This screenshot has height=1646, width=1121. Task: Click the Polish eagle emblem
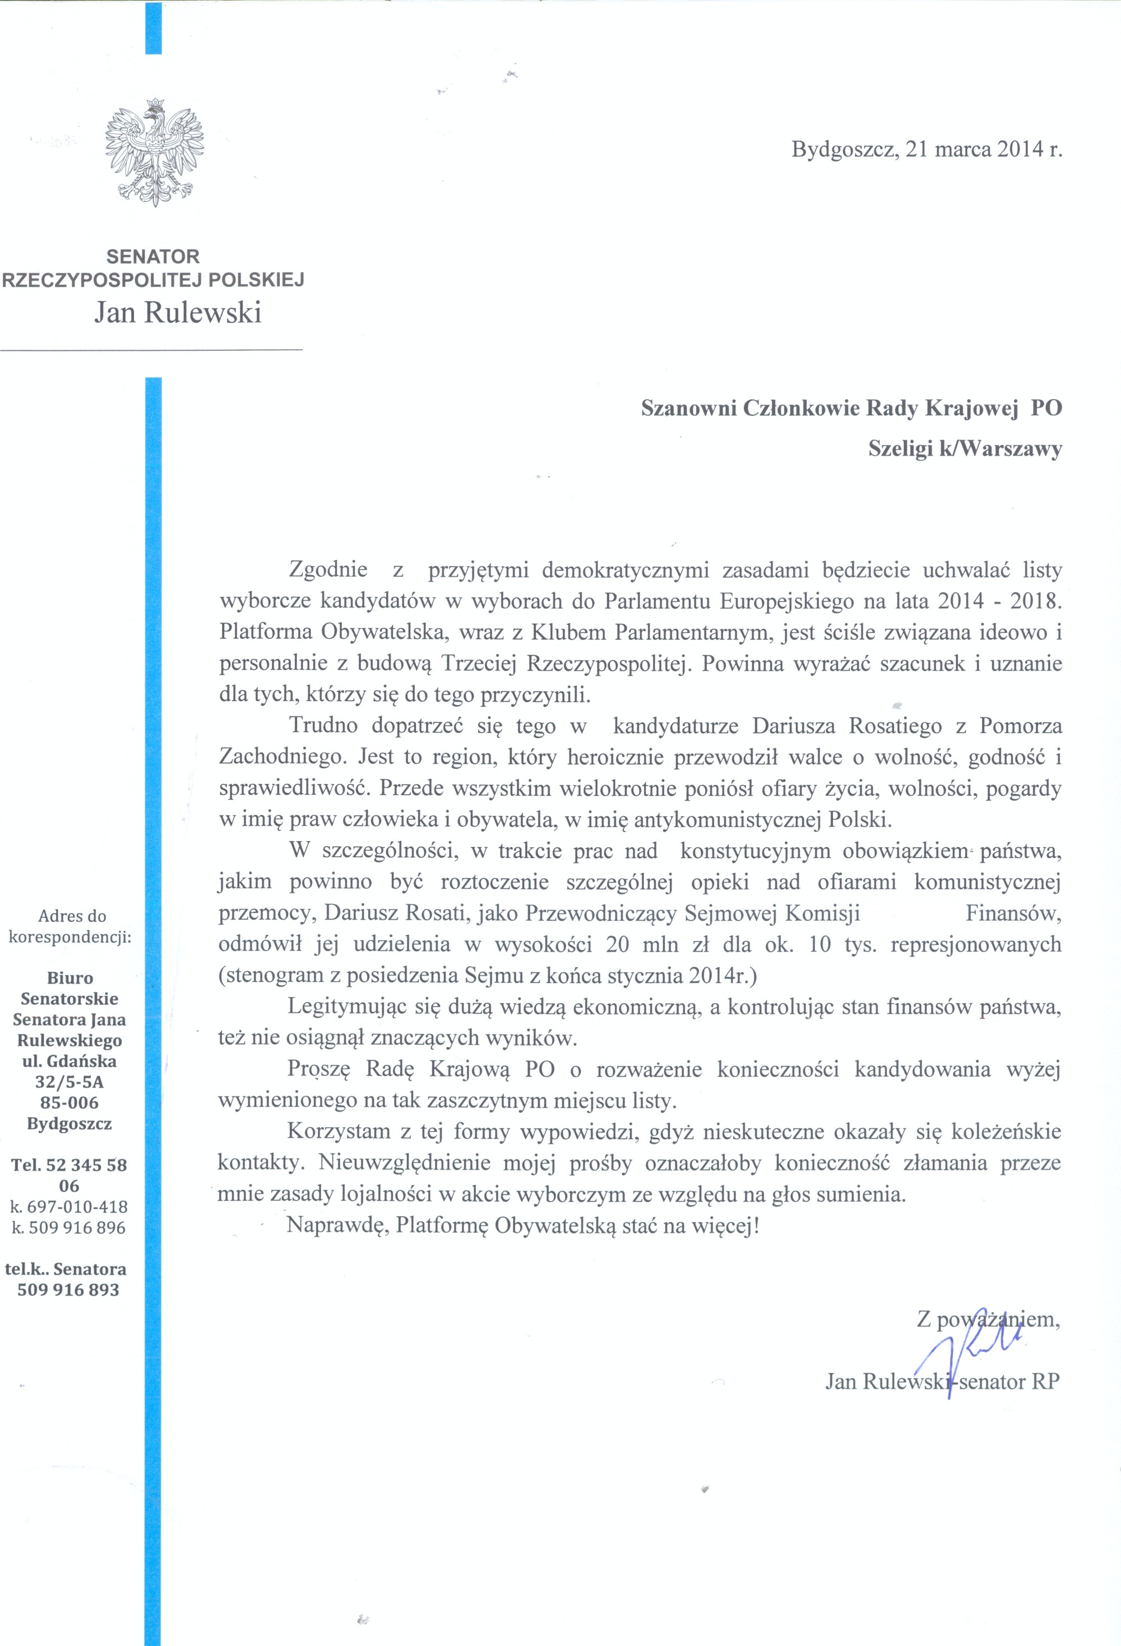pyautogui.click(x=154, y=154)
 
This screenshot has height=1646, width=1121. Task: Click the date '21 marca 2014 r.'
pyautogui.click(x=984, y=150)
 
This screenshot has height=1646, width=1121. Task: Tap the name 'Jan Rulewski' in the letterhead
pyautogui.click(x=178, y=312)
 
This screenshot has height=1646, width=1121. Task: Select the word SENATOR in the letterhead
pyautogui.click(x=153, y=256)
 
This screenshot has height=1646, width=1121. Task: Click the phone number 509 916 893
pyautogui.click(x=69, y=1310)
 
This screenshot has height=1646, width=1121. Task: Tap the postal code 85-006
pyautogui.click(x=70, y=1103)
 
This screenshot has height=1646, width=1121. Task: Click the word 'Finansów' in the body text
pyautogui.click(x=1013, y=914)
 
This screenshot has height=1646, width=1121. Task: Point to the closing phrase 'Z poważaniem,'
pyautogui.click(x=989, y=1319)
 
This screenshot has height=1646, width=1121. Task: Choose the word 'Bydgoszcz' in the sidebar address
pyautogui.click(x=70, y=1123)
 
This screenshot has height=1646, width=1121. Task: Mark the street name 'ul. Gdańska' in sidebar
pyautogui.click(x=70, y=1061)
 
